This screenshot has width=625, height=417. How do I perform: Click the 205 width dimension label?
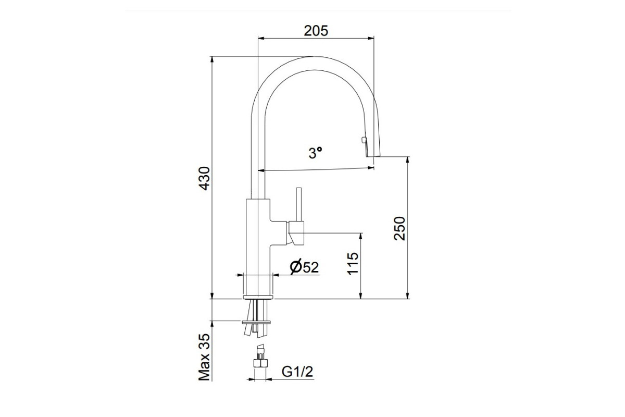316,31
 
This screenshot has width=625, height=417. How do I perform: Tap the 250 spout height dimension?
399,228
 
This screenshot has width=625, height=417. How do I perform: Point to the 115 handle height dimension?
353,264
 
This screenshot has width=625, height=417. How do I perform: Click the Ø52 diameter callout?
304,267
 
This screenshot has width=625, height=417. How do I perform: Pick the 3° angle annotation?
315,153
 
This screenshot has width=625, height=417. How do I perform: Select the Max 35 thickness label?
204,357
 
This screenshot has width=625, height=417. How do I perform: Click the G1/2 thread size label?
297,372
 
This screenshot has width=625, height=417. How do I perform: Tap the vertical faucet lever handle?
299,204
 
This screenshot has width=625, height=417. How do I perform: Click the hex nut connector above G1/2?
260,363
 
